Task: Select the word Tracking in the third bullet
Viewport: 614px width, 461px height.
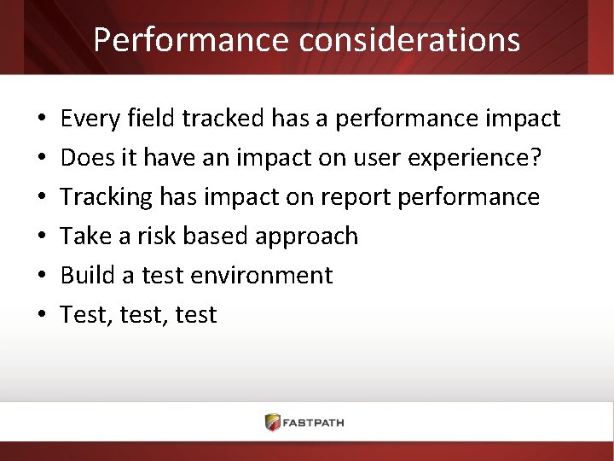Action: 107,197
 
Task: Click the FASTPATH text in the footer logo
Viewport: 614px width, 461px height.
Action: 316,423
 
